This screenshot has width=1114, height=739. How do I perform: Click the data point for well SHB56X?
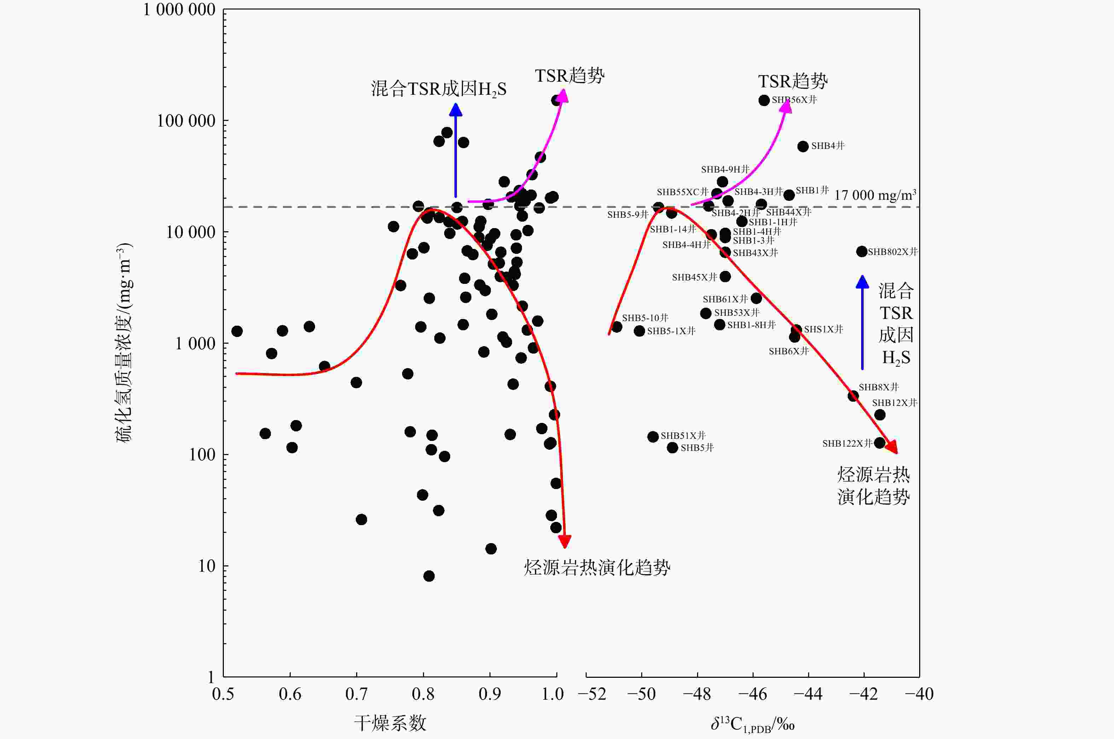coord(764,100)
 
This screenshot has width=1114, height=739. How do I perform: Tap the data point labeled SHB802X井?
coord(862,252)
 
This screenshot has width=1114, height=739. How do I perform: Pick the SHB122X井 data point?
coord(879,443)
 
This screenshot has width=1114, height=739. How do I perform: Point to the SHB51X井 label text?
coord(683,436)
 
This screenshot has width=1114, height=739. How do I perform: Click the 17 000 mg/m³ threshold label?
coord(875,195)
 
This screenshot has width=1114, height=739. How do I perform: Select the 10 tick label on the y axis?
coord(207,566)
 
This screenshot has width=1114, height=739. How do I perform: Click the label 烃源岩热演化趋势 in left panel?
coord(597,568)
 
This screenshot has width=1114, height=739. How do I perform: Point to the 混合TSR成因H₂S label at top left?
coord(438,89)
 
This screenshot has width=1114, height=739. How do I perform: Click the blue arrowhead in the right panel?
coord(862,282)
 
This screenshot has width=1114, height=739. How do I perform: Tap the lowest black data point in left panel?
coord(429,576)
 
